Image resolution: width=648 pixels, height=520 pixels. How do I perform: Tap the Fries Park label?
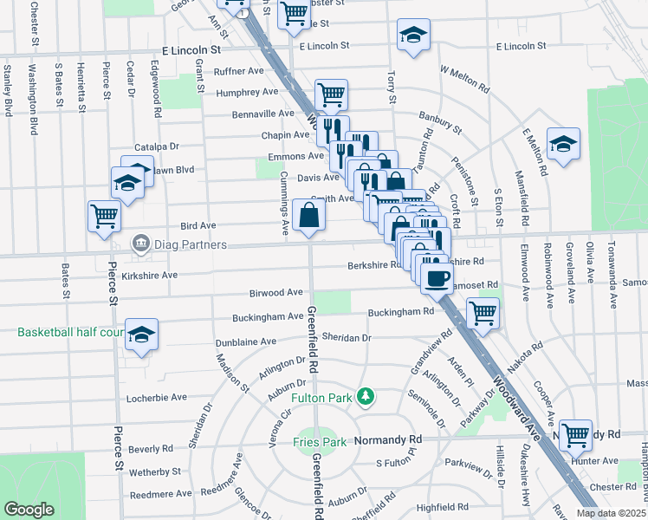coord(320,442)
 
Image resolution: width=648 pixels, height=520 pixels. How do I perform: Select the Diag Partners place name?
coord(191,245)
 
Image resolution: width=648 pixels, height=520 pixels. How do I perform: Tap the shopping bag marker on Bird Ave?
coord(308,215)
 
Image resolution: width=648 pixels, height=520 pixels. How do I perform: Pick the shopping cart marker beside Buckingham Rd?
coord(483,313)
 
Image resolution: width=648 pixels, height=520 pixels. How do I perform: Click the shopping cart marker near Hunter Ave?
coord(575,435)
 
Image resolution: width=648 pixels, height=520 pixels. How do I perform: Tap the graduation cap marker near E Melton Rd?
coord(563,144)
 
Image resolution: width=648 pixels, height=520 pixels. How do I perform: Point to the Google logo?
coord(29,510)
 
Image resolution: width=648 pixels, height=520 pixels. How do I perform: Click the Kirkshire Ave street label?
coord(149,275)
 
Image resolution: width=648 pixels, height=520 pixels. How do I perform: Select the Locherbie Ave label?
coord(157,397)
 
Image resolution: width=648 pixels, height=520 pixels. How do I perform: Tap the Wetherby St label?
coord(154,472)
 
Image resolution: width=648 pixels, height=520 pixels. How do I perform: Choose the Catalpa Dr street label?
coord(156,147)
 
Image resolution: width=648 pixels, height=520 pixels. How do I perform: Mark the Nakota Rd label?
coord(526,354)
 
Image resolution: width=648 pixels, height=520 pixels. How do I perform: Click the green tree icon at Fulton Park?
coord(367,397)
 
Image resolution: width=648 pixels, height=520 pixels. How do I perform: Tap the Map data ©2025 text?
coord(612,513)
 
